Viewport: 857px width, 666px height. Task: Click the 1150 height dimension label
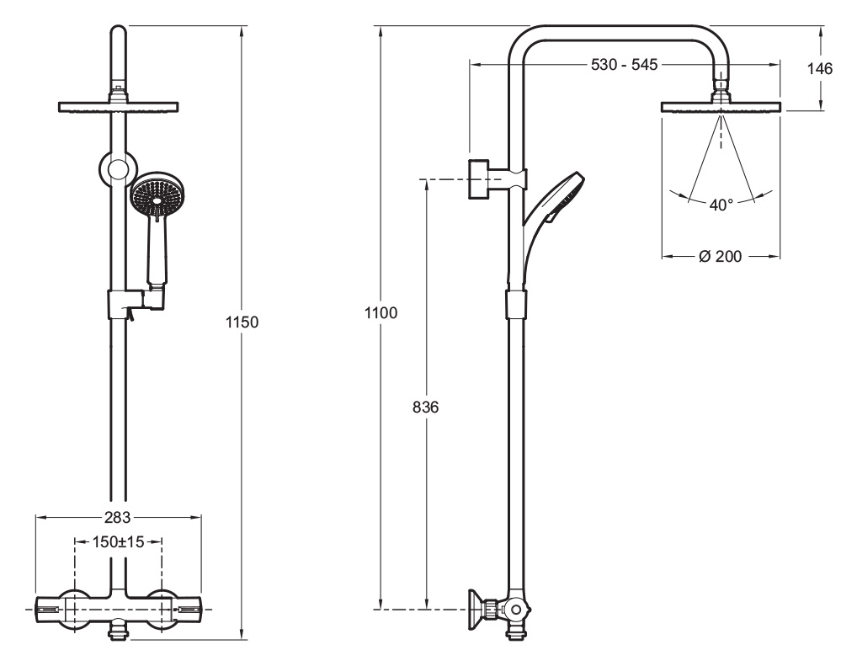[x=242, y=322]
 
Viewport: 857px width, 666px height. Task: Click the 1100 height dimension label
[x=381, y=313]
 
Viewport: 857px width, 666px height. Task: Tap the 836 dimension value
[x=426, y=408]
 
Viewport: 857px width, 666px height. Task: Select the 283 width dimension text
[x=118, y=517]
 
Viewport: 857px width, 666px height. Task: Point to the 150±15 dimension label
[x=118, y=542]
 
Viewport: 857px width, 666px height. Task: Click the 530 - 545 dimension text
[x=624, y=65]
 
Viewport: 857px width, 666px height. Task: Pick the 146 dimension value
[x=820, y=68]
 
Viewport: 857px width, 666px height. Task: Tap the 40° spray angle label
[x=721, y=205]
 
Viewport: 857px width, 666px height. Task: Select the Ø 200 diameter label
[x=721, y=256]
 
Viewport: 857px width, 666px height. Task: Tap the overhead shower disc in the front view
[x=118, y=107]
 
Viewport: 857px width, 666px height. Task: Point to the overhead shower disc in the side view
[x=721, y=108]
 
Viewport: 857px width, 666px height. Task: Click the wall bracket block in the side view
[x=479, y=180]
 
